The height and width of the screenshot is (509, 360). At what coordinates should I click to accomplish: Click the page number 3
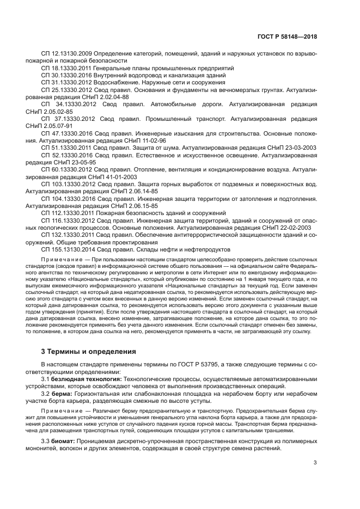tap(316, 463)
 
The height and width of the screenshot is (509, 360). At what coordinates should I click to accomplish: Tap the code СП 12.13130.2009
tap(64, 55)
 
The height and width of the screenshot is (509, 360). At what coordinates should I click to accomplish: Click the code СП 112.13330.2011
tap(66, 213)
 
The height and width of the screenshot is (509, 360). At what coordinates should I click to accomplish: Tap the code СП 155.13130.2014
tap(66, 249)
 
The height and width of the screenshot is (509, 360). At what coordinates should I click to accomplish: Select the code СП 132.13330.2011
tap(66, 235)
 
